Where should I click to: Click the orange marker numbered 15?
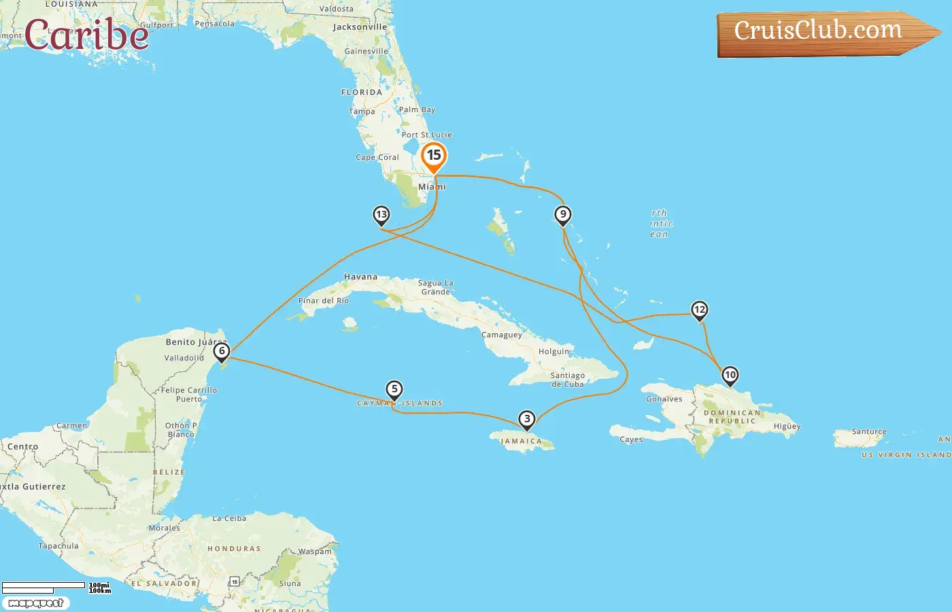pyautogui.click(x=434, y=156)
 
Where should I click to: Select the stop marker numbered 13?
pyautogui.click(x=381, y=215)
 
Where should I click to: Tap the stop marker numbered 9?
pyautogui.click(x=562, y=215)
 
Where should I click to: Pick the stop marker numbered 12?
pyautogui.click(x=699, y=310)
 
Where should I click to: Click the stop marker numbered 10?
pyautogui.click(x=730, y=375)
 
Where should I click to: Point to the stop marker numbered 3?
pyautogui.click(x=526, y=419)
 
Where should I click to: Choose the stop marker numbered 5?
pyautogui.click(x=394, y=390)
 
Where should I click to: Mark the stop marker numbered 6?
pyautogui.click(x=221, y=352)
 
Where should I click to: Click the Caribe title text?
pyautogui.click(x=86, y=35)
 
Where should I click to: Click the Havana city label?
pyautogui.click(x=360, y=277)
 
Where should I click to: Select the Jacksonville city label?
pyautogui.click(x=360, y=27)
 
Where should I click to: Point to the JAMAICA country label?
pyautogui.click(x=521, y=441)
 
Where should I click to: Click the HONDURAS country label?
pyautogui.click(x=234, y=549)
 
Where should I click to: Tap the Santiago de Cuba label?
pyautogui.click(x=567, y=379)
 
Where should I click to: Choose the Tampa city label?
pyautogui.click(x=362, y=112)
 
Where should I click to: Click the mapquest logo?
pyautogui.click(x=35, y=603)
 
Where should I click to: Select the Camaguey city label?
pyautogui.click(x=502, y=335)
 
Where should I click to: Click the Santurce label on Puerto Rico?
pyautogui.click(x=869, y=432)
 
